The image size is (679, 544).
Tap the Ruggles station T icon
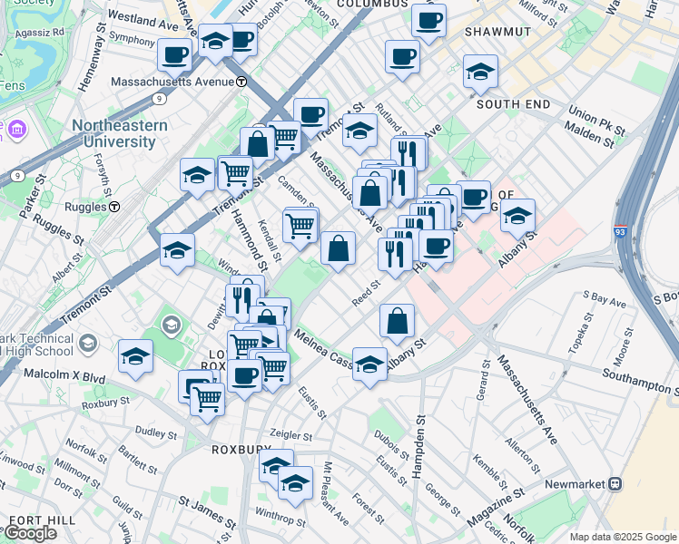pyautogui.click(x=115, y=206)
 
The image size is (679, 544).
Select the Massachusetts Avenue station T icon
pyautogui.click(x=241, y=82)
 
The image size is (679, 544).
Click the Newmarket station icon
pyautogui.click(x=615, y=484)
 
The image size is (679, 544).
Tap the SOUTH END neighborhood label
pyautogui.click(x=514, y=104)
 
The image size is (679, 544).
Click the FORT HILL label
pyautogui.click(x=36, y=520)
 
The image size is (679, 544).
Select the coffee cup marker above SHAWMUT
pyautogui.click(x=428, y=20)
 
